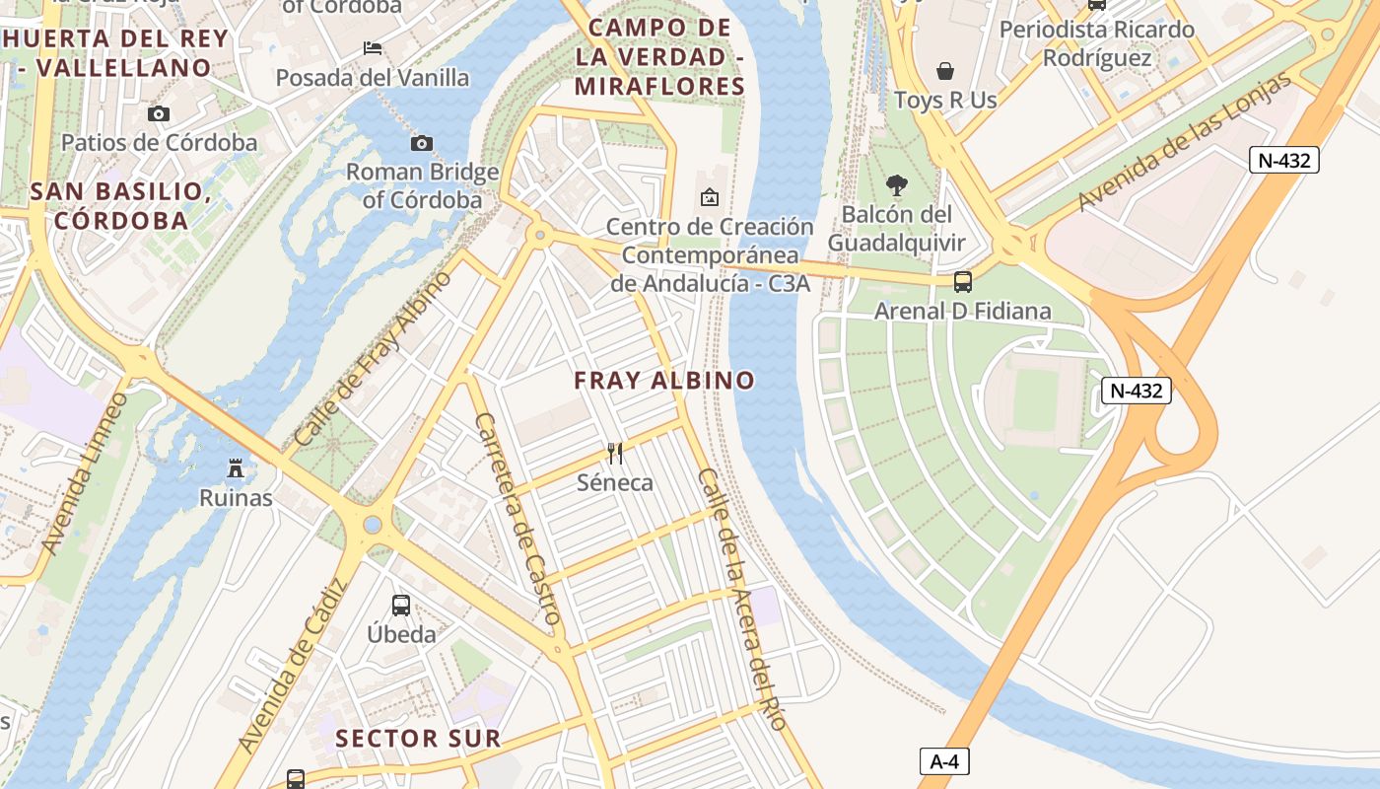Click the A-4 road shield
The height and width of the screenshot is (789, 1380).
(944, 761)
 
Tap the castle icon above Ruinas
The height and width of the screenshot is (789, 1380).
(236, 467)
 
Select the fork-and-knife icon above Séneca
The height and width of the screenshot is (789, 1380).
(615, 453)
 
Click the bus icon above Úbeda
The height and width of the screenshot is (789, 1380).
(401, 605)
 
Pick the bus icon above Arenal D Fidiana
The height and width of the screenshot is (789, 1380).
(963, 281)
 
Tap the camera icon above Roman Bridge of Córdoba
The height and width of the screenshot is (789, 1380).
(422, 143)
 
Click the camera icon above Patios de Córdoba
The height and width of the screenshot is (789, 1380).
(158, 113)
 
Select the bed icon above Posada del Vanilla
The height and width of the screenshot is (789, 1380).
(372, 47)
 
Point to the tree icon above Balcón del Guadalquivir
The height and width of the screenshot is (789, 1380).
(896, 184)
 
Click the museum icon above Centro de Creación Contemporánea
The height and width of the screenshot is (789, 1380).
(709, 197)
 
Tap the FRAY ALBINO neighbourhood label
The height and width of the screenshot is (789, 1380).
(664, 381)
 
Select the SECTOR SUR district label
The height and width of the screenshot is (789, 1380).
(418, 738)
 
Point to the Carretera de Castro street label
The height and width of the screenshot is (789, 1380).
(517, 520)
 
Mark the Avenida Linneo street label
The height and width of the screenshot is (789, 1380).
(86, 473)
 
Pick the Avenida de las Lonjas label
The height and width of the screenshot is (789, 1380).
(1184, 142)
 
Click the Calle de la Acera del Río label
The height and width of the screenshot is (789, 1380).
(742, 600)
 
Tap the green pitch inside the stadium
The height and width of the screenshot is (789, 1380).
(1035, 399)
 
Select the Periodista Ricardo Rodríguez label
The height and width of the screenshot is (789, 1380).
(1096, 43)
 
